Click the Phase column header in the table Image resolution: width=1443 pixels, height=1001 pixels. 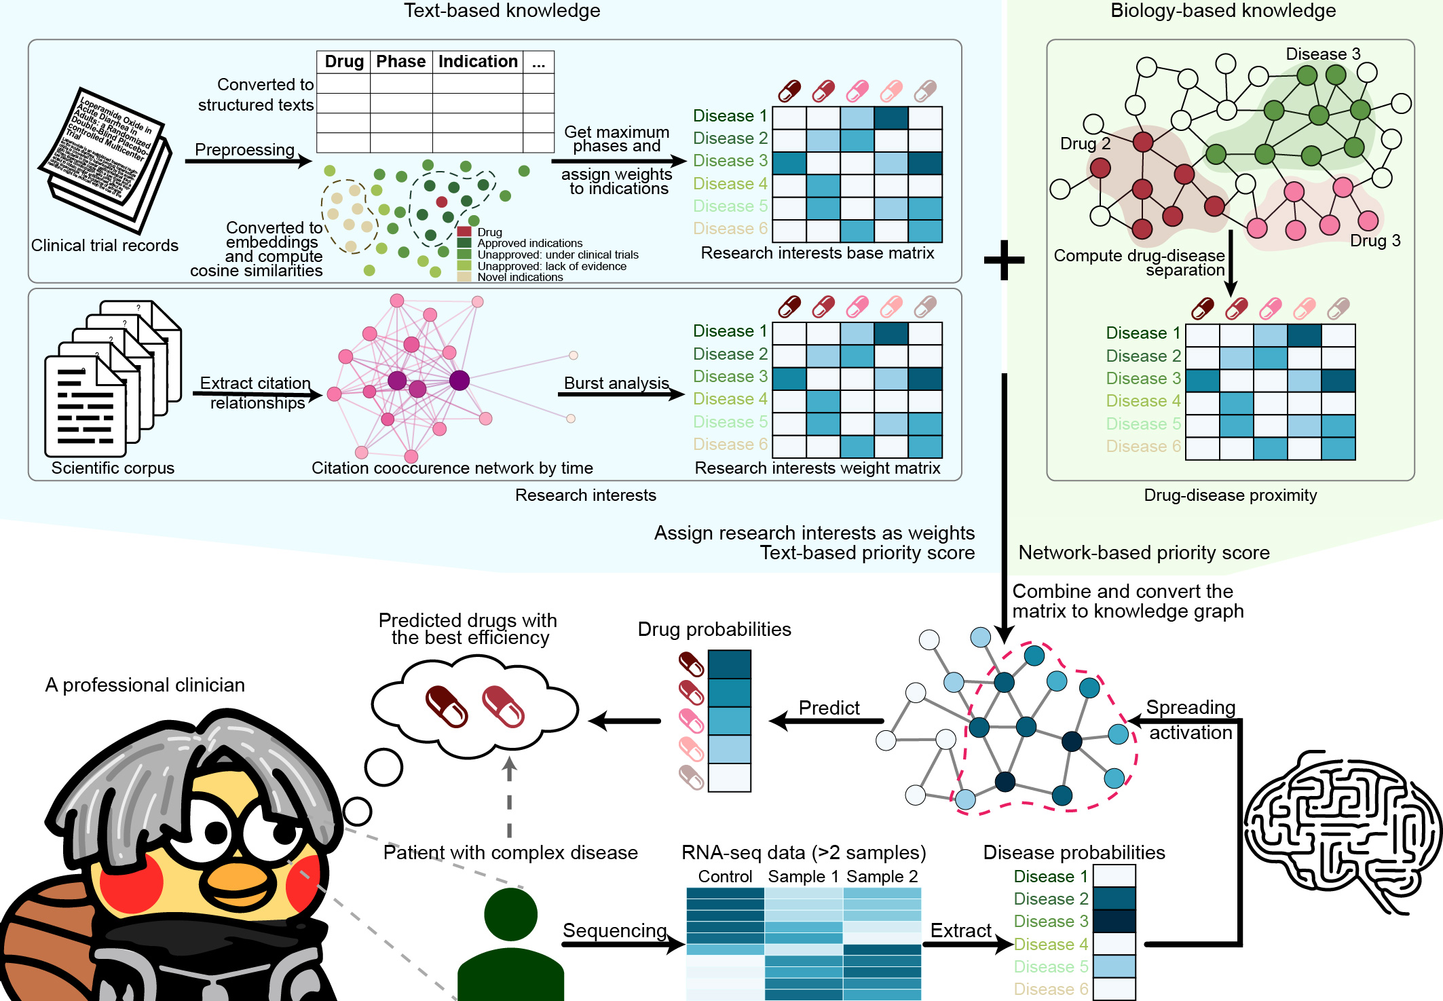400,62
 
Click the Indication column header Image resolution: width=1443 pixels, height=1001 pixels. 478,62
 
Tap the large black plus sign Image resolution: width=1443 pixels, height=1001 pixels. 1004,259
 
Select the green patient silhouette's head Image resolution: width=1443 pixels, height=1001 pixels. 510,915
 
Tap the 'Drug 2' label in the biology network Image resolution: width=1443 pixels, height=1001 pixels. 1085,144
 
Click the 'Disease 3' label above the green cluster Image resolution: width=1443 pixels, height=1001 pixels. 1323,54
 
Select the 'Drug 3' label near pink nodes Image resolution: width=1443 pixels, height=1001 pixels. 1375,241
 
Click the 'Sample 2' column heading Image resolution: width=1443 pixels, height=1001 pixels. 882,877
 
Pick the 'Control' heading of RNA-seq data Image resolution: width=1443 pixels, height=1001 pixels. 725,877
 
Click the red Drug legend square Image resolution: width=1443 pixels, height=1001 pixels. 464,232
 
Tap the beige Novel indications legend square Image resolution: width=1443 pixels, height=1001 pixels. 464,277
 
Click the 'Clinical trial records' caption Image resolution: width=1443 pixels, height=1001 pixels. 105,246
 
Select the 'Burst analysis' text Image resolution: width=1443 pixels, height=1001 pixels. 616,383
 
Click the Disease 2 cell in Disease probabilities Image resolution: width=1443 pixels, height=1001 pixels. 1114,899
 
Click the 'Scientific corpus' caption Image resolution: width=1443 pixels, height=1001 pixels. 113,468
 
